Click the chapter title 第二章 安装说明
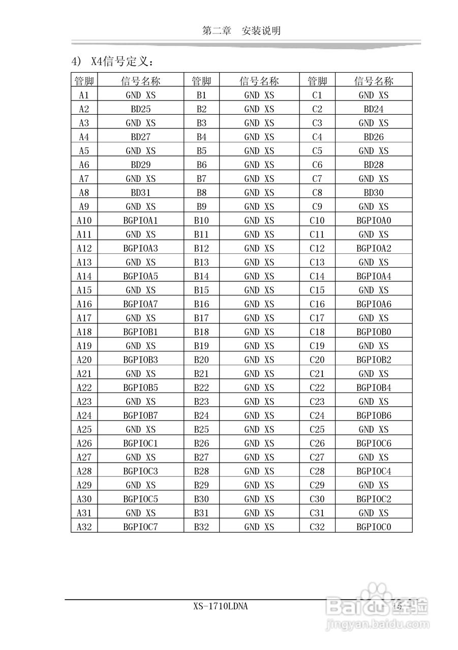pos(241,31)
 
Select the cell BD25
pos(140,109)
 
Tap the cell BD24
pos(374,109)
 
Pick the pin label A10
pos(84,220)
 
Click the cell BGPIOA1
pos(140,220)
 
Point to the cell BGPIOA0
pos(374,220)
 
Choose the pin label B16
pos(201,304)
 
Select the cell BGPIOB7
pos(140,415)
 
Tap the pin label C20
pos(317,360)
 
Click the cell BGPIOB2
pos(374,360)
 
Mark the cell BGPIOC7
pos(140,527)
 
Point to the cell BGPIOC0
pos(374,527)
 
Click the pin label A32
pos(84,527)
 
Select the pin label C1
pos(317,95)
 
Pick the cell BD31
pos(140,192)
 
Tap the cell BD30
pos(374,192)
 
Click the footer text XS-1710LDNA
pos(221,606)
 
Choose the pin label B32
pos(201,527)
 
